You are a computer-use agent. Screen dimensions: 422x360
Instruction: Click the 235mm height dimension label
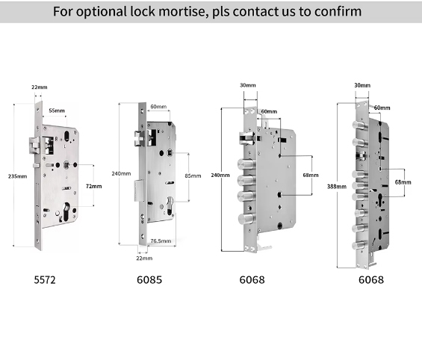pos(17,176)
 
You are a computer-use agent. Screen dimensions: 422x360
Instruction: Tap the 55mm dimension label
pos(57,111)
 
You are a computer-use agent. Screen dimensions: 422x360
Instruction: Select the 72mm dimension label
pos(94,186)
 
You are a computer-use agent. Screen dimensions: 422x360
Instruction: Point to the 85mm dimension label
pos(193,176)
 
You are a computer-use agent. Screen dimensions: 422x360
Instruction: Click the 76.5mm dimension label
pos(161,240)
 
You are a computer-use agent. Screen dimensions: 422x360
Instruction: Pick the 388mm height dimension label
pos(337,186)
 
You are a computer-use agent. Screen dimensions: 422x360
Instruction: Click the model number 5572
pos(45,280)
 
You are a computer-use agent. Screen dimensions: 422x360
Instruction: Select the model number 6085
pos(149,280)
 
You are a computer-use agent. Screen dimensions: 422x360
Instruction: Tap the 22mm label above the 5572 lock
pos(40,87)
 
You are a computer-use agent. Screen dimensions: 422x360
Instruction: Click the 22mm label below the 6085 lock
pos(144,258)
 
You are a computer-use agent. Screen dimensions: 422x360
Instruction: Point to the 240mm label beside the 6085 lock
pos(122,173)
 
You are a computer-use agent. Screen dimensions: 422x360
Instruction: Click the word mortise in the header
pos(183,11)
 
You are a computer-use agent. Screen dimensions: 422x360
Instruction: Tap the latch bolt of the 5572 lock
pos(34,146)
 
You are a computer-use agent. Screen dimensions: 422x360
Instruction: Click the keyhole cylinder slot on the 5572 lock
pos(66,212)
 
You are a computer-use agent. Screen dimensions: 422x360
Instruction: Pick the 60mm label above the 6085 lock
pos(158,107)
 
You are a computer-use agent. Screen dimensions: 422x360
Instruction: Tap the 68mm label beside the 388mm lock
pos(403,182)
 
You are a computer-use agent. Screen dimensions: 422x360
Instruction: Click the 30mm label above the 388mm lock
pos(362,85)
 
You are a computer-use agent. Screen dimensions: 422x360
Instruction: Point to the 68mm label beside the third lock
pos(311,175)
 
